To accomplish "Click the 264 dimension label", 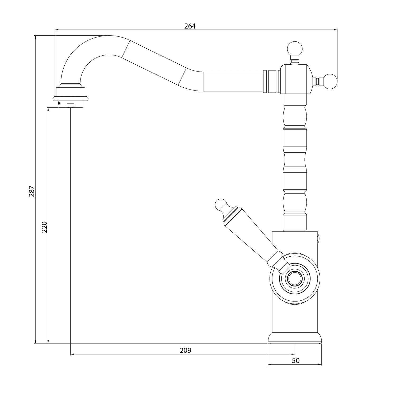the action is tap(190, 26).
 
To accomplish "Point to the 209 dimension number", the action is tap(185, 350).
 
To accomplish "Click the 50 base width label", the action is tap(296, 361).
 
